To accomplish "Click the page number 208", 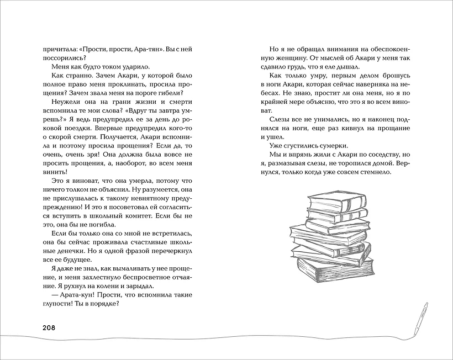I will click(54, 327).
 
